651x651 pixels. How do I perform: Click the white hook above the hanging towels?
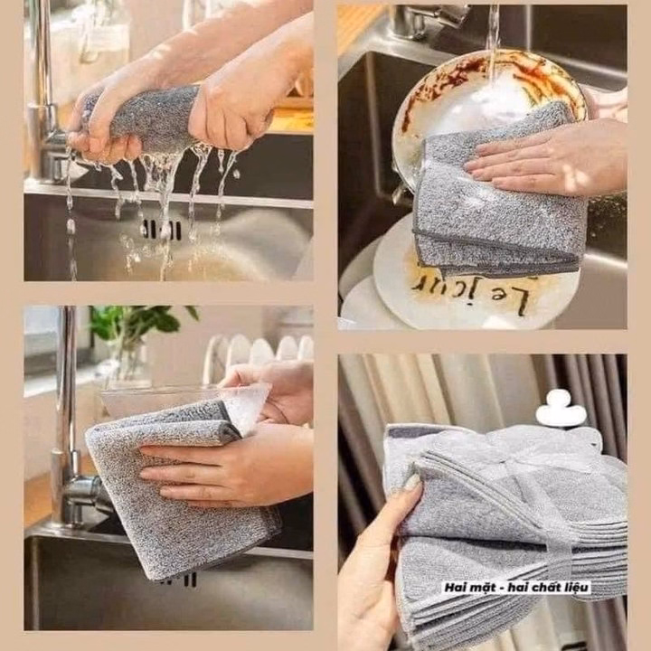(x=561, y=410)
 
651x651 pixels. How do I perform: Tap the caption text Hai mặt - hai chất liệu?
(x=517, y=587)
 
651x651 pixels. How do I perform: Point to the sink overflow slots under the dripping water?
(x=163, y=230)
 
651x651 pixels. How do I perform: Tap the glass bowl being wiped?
(x=187, y=405)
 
